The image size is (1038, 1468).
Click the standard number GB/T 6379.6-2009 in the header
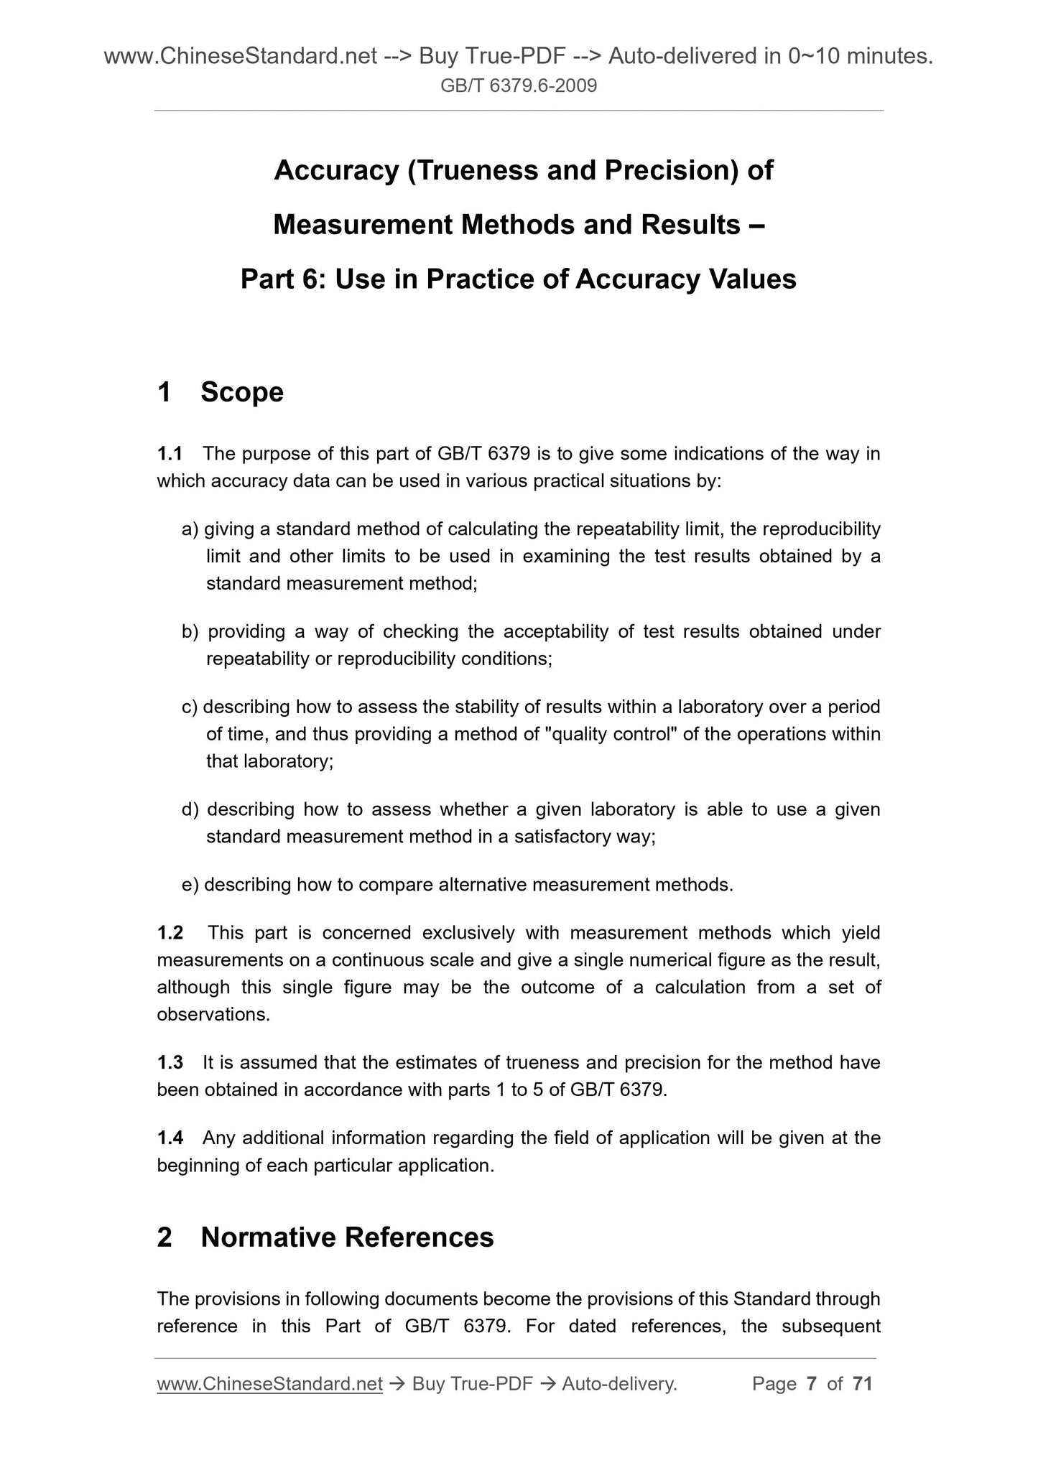pos(519,86)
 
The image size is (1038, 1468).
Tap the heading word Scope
pos(242,392)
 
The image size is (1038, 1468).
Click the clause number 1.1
pos(170,454)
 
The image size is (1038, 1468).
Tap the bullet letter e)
pos(190,885)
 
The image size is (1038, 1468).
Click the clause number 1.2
pos(170,933)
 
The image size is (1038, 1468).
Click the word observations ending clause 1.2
pos(213,1015)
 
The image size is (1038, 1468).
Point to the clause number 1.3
pos(170,1062)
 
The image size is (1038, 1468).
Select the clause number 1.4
pos(170,1138)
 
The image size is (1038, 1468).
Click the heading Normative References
pos(347,1237)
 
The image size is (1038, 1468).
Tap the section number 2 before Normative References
pos(164,1237)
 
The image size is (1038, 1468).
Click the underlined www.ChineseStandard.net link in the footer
pos(269,1384)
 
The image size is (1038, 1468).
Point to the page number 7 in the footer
pos(812,1384)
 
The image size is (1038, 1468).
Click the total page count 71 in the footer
pos(862,1384)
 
